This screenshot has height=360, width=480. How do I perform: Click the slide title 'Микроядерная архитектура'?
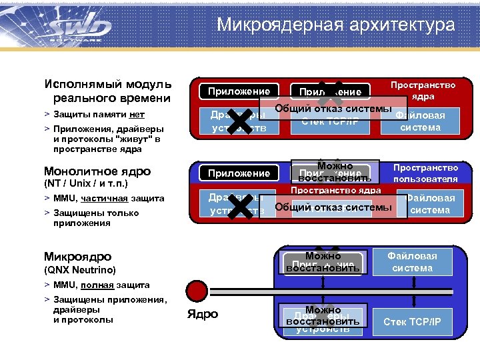click(335, 25)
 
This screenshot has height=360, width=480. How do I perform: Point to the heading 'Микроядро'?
click(77, 257)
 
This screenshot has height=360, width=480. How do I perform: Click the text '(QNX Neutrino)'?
click(80, 270)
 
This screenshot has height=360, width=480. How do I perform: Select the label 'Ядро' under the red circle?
click(203, 315)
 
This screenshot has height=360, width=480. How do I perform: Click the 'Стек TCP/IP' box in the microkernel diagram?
click(412, 322)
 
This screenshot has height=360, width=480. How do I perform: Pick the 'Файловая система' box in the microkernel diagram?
click(412, 262)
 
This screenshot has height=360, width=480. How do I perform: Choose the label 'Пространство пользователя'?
click(425, 173)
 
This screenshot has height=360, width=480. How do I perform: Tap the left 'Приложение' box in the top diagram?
click(239, 91)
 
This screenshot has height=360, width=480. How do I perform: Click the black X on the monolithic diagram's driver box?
click(239, 206)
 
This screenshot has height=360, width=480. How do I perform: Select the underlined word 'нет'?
click(137, 115)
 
